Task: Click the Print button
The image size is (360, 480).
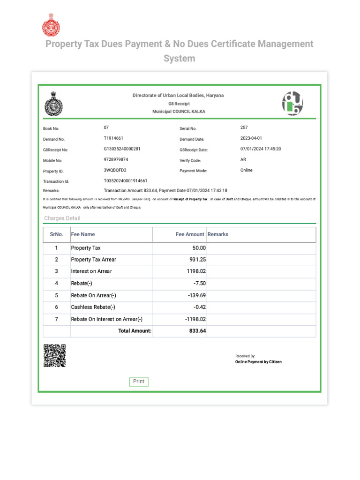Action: pos(139,382)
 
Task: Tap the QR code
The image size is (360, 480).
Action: pos(54,356)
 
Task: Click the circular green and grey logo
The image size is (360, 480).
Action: pos(292,103)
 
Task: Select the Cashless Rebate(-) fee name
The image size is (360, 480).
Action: pos(93,307)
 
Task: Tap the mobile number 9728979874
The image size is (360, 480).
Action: pos(116,160)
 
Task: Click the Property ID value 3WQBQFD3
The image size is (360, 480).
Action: pos(115,170)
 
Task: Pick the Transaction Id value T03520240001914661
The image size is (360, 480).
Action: pos(125,181)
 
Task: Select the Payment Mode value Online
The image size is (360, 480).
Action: pos(247,170)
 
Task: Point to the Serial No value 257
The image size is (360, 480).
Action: pos(244,127)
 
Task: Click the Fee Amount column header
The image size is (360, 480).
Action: pos(190,234)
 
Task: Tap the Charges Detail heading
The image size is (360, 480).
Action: pos(62,218)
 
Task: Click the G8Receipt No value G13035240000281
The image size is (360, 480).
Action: pos(122,149)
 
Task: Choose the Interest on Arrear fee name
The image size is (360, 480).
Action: pos(91,271)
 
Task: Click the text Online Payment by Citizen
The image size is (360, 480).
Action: pos(258,362)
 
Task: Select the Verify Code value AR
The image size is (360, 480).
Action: pos(243,160)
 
